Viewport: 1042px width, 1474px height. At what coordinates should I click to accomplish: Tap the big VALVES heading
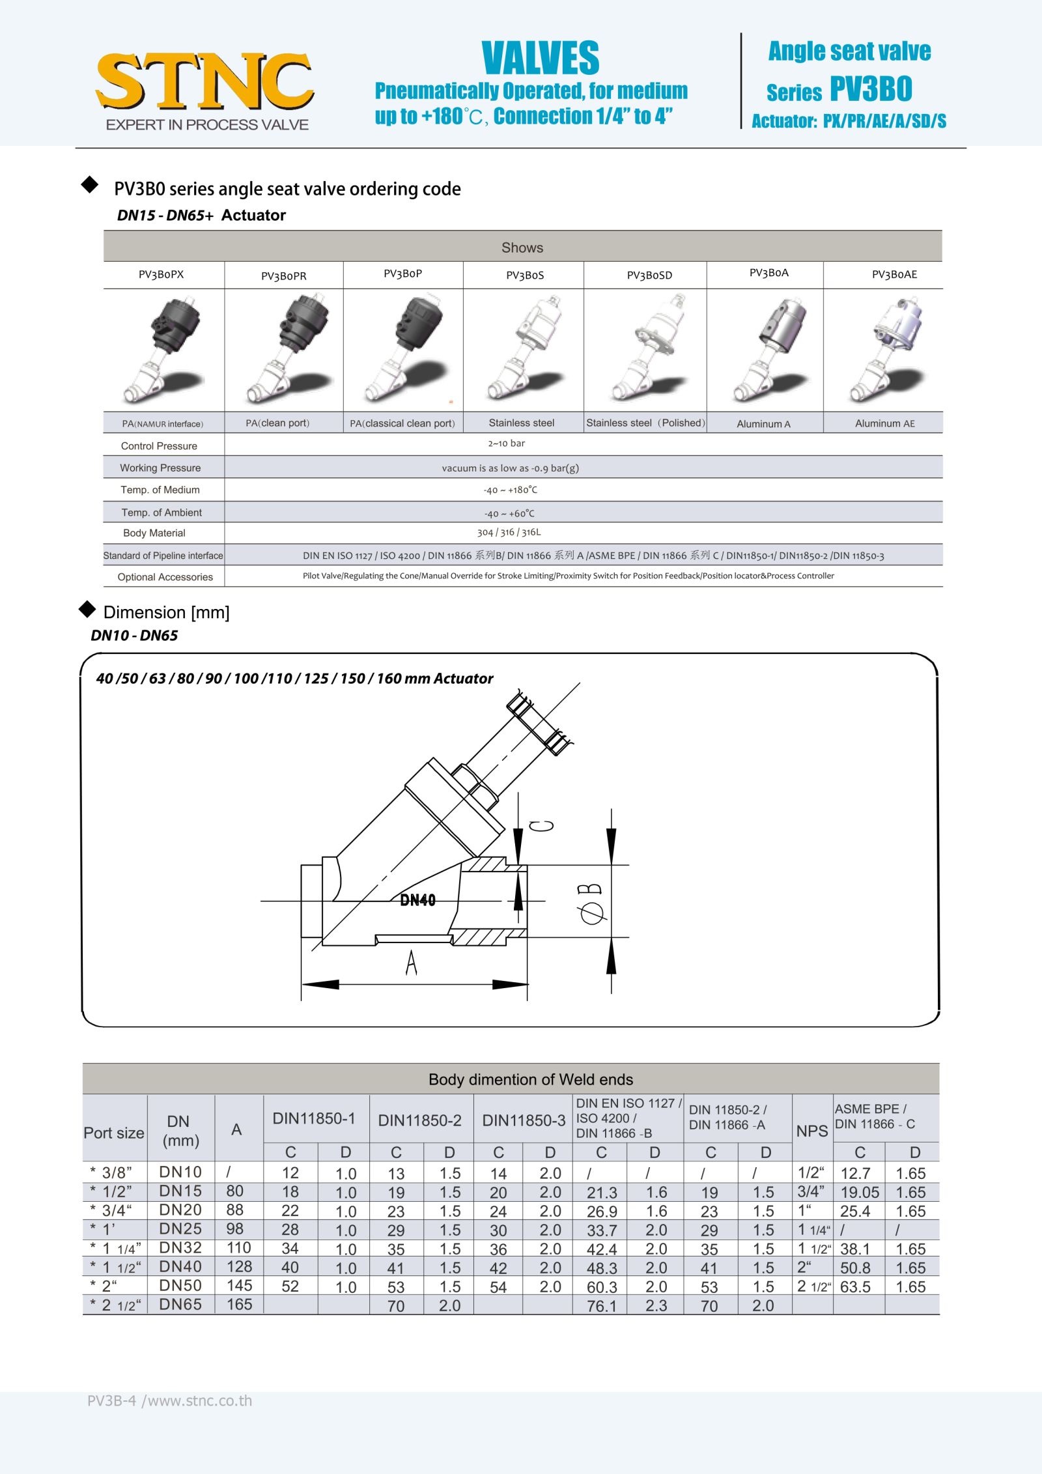[540, 58]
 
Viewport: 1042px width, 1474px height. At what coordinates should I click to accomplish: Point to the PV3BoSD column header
[649, 276]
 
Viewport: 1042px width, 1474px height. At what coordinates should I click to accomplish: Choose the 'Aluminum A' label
[763, 424]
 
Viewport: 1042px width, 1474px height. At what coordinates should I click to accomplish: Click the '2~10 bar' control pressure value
[507, 444]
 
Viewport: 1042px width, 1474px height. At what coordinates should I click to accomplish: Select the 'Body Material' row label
[154, 533]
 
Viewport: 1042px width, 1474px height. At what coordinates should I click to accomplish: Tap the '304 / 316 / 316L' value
[509, 532]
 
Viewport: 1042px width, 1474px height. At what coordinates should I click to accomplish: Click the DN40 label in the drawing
[417, 900]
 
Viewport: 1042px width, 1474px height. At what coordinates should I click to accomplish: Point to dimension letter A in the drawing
[411, 963]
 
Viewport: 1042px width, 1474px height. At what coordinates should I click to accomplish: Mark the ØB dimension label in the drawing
[591, 904]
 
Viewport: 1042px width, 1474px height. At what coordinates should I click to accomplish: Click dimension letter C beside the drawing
[542, 826]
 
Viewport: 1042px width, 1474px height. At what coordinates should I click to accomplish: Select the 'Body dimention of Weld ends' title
[530, 1079]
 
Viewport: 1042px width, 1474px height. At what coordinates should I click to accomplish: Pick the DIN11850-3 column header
[524, 1120]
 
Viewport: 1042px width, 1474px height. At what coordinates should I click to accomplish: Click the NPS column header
[812, 1131]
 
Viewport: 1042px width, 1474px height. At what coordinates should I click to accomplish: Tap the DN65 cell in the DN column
[180, 1305]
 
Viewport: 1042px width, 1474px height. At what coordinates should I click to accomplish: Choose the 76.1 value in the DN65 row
[601, 1305]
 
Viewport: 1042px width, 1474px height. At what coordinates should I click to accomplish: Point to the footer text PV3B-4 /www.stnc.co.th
[169, 1401]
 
